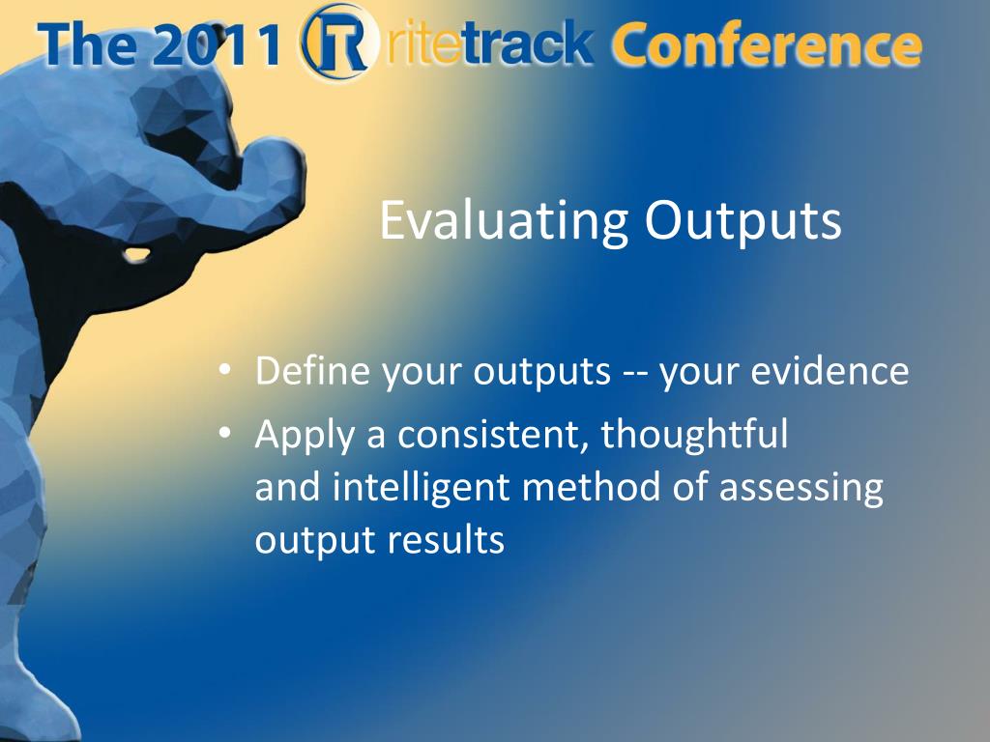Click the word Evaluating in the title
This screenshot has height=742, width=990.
pyautogui.click(x=503, y=221)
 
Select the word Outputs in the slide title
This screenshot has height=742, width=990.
pyautogui.click(x=743, y=221)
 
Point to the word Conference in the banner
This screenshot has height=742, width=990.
pyautogui.click(x=766, y=44)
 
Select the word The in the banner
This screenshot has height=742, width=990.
pyautogui.click(x=87, y=45)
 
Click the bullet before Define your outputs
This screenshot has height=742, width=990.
pyautogui.click(x=224, y=369)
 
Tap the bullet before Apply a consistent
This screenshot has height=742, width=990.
pyautogui.click(x=224, y=433)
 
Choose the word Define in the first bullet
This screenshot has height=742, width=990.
pyautogui.click(x=312, y=370)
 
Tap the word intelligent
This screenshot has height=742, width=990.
pyautogui.click(x=422, y=488)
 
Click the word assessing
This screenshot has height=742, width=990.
pyautogui.click(x=801, y=488)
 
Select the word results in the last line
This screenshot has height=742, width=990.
pyautogui.click(x=445, y=540)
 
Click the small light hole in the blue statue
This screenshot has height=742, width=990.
pyautogui.click(x=136, y=255)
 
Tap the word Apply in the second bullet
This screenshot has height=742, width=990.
pyautogui.click(x=306, y=436)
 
